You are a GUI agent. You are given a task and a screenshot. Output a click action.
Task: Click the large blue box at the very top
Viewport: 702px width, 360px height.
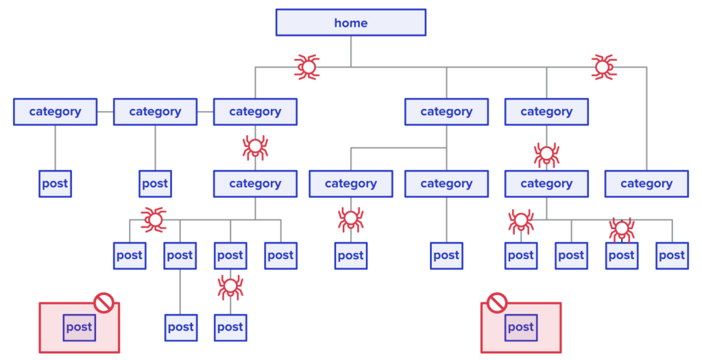[x=350, y=22]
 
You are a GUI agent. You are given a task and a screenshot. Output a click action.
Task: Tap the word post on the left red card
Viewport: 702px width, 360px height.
[x=79, y=327]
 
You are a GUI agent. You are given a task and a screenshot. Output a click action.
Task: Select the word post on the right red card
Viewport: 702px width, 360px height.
[x=520, y=327]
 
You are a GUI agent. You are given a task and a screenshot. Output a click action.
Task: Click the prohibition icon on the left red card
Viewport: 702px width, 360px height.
[x=104, y=302]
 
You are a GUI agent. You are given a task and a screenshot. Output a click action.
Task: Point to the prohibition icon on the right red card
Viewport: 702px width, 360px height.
[x=497, y=302]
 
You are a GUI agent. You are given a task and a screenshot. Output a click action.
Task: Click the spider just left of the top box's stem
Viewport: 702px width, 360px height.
[x=308, y=67]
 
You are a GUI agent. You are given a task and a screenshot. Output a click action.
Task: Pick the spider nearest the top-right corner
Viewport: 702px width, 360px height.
[x=603, y=67]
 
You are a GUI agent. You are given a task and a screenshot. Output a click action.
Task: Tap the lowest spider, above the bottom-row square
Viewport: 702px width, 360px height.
[x=230, y=286]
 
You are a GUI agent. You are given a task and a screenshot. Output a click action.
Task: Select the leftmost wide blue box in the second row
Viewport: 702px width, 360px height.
[x=55, y=111]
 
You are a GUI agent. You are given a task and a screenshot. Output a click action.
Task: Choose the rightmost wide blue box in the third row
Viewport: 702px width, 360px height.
[x=646, y=184]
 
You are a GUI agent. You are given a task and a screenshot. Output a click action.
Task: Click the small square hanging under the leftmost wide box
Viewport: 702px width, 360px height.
[x=55, y=184]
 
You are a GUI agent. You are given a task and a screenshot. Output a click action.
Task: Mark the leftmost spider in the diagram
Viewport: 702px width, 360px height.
[x=155, y=220]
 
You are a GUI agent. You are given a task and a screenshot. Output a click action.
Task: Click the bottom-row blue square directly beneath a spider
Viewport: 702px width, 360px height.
[x=230, y=328]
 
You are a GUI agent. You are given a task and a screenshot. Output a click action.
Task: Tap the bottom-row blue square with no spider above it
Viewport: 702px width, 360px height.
[x=180, y=328]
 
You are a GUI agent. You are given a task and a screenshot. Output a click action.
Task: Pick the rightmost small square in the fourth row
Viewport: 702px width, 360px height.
[x=672, y=256]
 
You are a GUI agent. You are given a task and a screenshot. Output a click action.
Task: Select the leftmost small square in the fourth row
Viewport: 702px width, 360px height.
[x=129, y=256]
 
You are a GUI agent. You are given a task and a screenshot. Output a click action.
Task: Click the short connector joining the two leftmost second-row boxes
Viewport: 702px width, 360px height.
[x=105, y=111]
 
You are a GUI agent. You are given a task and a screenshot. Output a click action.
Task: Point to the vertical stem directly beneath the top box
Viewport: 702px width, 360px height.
[x=350, y=51]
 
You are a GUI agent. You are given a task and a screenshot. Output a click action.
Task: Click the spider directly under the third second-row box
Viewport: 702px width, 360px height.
[x=255, y=146]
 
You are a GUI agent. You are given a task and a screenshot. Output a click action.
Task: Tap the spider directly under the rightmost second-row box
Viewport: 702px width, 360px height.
[x=546, y=154]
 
